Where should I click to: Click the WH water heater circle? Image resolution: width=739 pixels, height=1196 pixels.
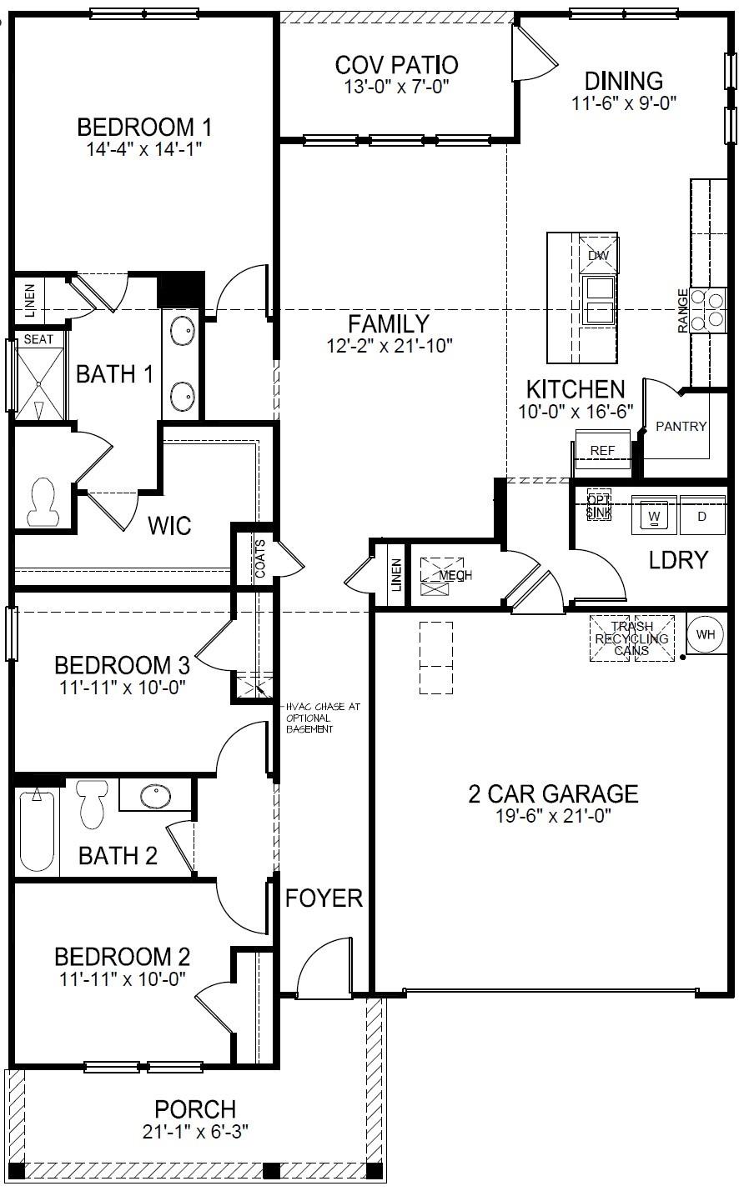pyautogui.click(x=706, y=634)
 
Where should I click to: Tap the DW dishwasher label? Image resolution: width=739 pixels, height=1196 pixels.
pyautogui.click(x=599, y=256)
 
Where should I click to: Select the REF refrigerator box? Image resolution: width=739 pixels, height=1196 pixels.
pyautogui.click(x=601, y=450)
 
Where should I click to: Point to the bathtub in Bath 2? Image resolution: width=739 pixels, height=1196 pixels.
pyautogui.click(x=36, y=830)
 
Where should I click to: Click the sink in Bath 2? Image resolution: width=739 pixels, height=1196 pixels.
pyautogui.click(x=155, y=796)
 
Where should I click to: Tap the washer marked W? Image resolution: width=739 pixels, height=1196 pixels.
pyautogui.click(x=654, y=516)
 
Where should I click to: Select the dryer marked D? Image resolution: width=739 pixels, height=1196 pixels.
pyautogui.click(x=701, y=516)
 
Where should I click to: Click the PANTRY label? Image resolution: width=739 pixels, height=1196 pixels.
pyautogui.click(x=681, y=426)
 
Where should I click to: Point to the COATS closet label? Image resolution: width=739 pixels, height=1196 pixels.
pyautogui.click(x=259, y=560)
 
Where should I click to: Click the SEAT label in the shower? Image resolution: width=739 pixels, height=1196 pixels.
pyautogui.click(x=38, y=339)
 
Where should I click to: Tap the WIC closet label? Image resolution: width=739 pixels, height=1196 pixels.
pyautogui.click(x=169, y=526)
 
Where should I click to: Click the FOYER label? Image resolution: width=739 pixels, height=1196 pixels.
pyautogui.click(x=324, y=898)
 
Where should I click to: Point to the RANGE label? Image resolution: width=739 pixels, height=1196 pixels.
pyautogui.click(x=683, y=310)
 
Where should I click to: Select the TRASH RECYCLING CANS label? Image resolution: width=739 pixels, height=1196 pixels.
pyautogui.click(x=631, y=638)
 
